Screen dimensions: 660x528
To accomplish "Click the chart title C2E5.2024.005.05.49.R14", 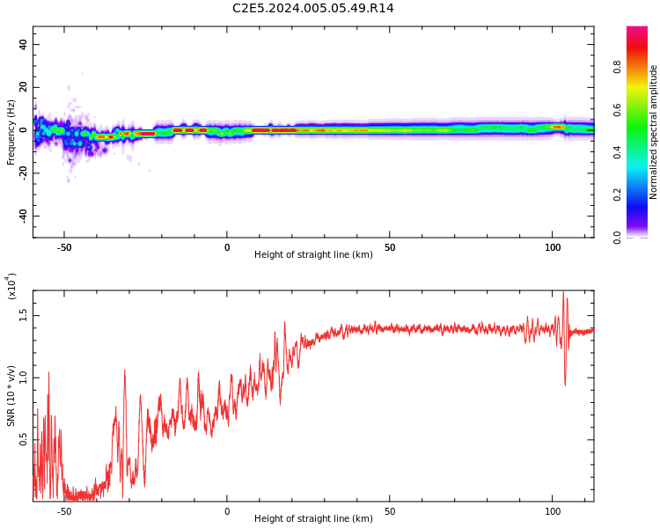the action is [x=312, y=8].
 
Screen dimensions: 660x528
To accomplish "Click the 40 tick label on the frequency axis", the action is [x=23, y=44].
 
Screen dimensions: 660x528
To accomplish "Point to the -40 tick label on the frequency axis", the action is [x=23, y=216].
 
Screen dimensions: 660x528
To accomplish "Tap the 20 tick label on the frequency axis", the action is [x=23, y=87].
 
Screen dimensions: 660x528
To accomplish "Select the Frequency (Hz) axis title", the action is [x=11, y=132].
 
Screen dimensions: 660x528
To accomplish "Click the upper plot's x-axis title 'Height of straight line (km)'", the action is [x=313, y=254].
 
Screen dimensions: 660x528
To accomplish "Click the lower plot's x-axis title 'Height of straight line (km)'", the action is [x=313, y=518].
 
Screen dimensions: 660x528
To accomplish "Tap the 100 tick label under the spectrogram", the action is [x=553, y=247].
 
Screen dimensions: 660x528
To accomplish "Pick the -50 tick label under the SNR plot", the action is [x=64, y=511].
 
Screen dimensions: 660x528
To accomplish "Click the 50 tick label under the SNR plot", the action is [x=390, y=511].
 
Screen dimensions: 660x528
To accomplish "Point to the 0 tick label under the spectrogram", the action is [x=227, y=247].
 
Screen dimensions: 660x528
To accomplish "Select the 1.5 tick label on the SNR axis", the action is [x=23, y=315].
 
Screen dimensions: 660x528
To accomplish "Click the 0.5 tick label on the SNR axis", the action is [x=23, y=440].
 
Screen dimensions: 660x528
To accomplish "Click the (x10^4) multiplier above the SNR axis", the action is [x=11, y=286].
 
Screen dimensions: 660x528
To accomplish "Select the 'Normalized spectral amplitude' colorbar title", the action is [x=653, y=132].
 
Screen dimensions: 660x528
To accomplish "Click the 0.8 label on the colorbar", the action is [x=617, y=67].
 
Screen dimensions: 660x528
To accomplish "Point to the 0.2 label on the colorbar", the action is [x=617, y=194].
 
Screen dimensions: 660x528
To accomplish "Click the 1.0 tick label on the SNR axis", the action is [x=23, y=378].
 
